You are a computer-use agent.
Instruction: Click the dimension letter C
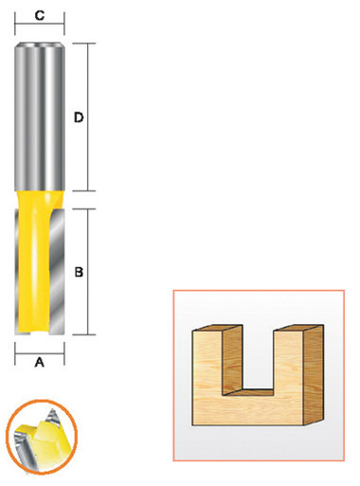40,15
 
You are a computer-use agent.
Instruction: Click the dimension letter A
39,361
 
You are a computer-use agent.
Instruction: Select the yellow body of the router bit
43,265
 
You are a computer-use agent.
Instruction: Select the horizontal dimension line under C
40,28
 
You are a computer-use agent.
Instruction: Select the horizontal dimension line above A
39,348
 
